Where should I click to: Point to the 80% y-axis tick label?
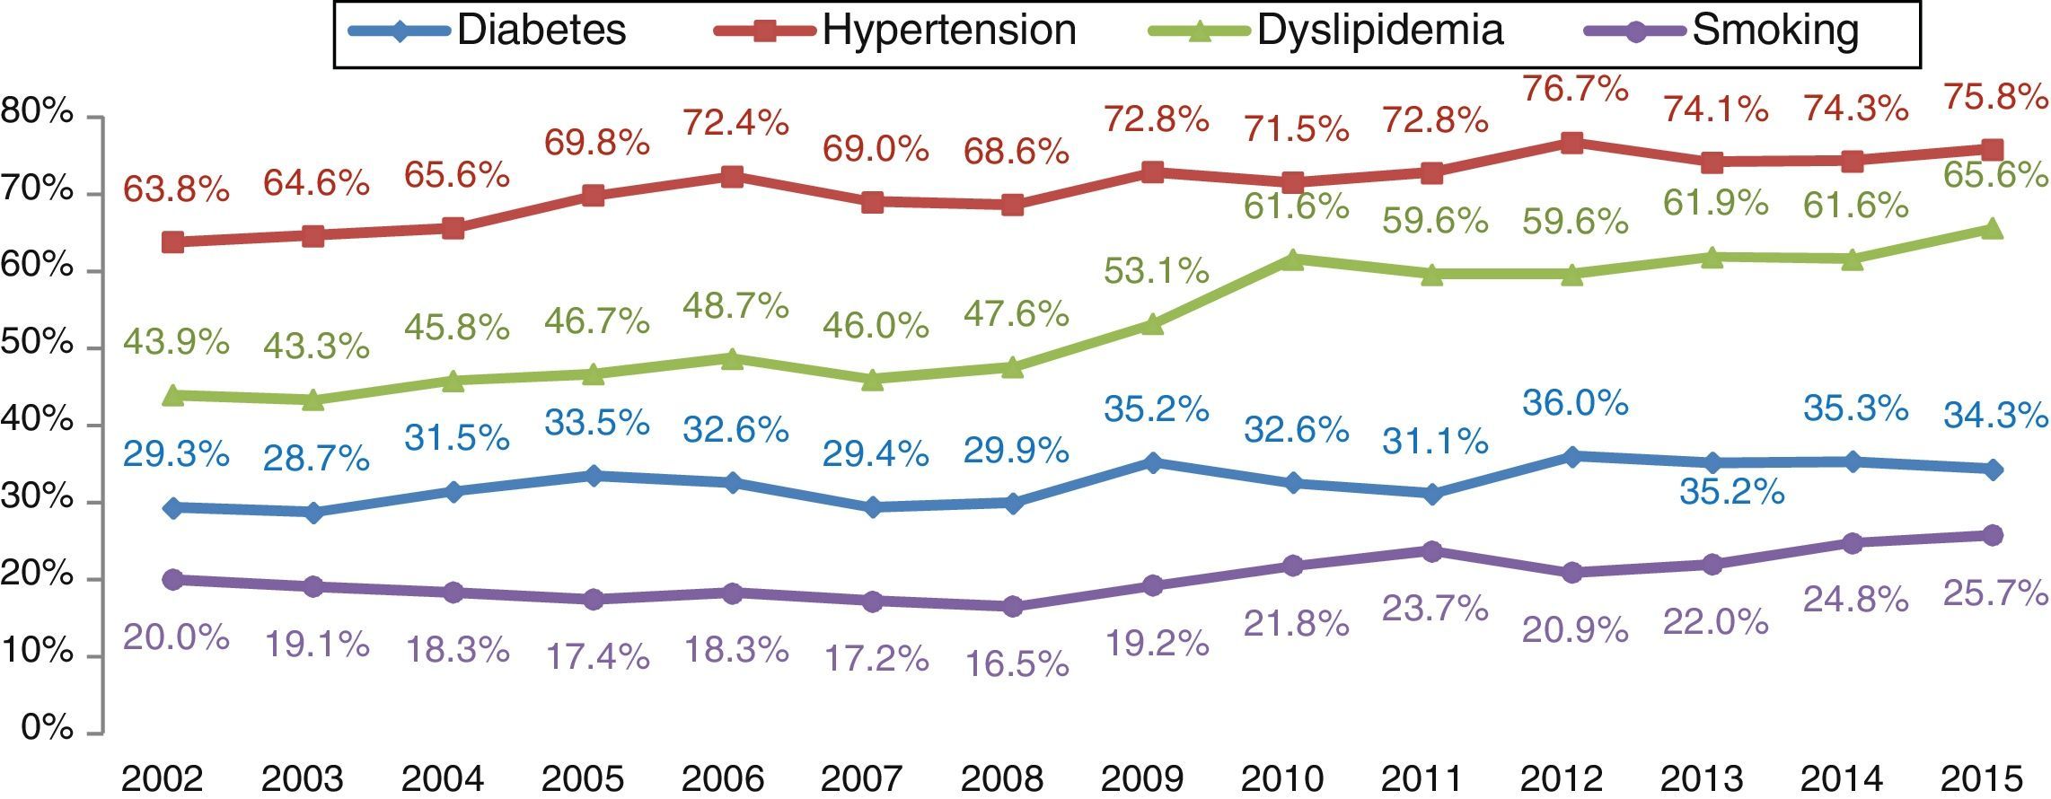[38, 114]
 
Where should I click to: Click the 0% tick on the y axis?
[47, 728]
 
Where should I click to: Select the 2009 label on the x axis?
[1142, 777]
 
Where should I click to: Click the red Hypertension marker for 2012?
[1571, 143]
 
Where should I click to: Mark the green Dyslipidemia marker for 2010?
[1293, 259]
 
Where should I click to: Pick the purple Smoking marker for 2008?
[1012, 606]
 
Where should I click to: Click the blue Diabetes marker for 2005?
[593, 476]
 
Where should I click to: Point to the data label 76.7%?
[1575, 89]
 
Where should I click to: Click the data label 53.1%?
[1156, 270]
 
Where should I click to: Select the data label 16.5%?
[1016, 663]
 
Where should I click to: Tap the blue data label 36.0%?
[1575, 403]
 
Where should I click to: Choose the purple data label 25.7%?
[1995, 593]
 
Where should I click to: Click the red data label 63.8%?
[176, 189]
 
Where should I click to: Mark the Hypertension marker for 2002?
[173, 242]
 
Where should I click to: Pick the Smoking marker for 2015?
[1992, 535]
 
